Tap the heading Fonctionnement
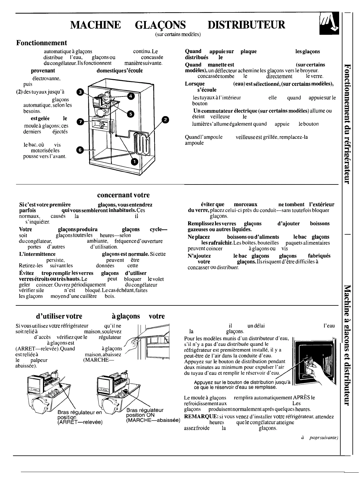(x=41, y=43)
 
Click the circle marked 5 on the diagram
(x=131, y=114)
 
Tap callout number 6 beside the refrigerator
(x=80, y=150)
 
